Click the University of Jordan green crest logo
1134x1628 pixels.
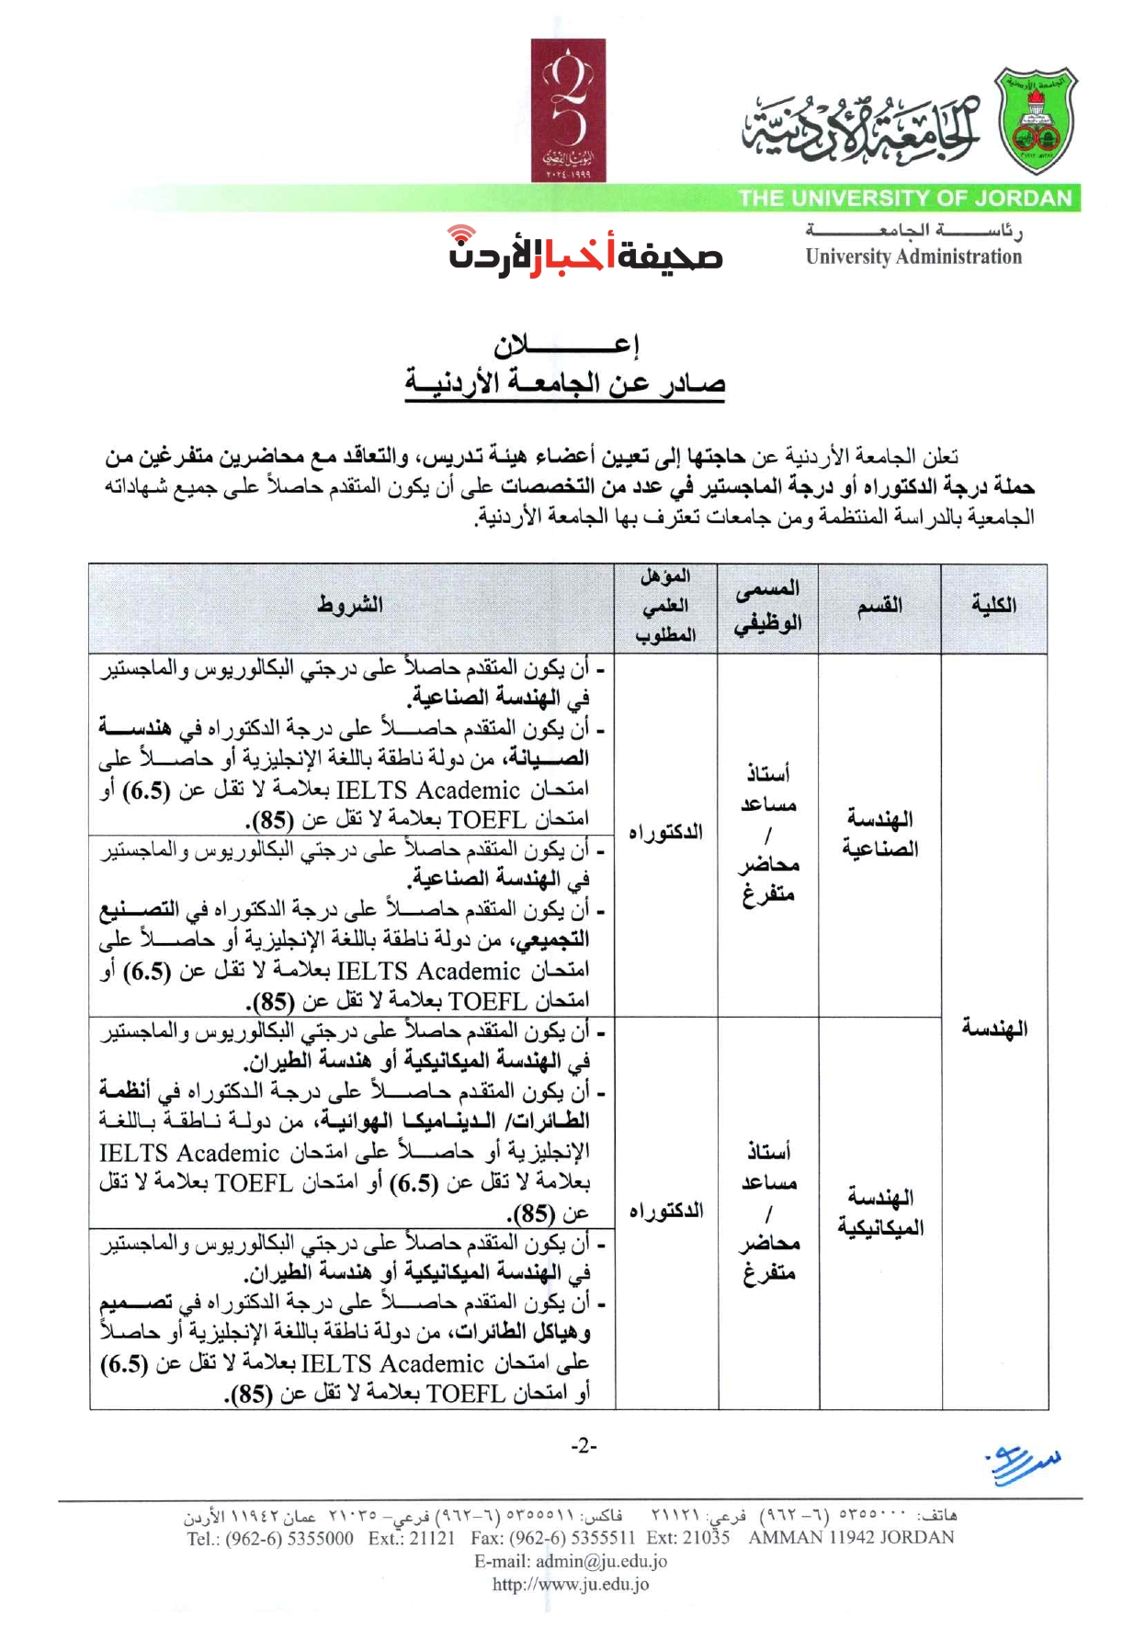click(x=1037, y=122)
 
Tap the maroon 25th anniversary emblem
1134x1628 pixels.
click(x=568, y=110)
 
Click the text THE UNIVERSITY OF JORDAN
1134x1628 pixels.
click(x=905, y=199)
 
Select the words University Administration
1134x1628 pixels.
click(x=913, y=257)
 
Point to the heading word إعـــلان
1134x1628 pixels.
click(x=566, y=346)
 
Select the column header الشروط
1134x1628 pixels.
click(x=349, y=605)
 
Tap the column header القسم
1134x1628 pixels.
click(x=879, y=606)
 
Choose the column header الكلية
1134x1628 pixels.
click(x=993, y=605)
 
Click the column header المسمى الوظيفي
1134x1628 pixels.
click(x=767, y=606)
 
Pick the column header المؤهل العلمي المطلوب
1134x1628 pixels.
click(x=665, y=606)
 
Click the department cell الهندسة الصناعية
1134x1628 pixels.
click(x=879, y=834)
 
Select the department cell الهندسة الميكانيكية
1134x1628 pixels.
click(x=880, y=1212)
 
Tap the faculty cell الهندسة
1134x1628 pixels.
click(x=994, y=1028)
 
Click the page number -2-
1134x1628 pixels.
click(x=584, y=1446)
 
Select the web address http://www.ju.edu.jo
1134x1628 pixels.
click(x=570, y=1584)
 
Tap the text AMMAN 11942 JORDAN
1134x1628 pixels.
click(x=851, y=1537)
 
